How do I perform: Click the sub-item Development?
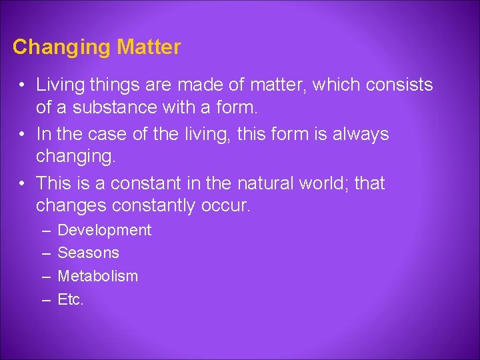point(105,231)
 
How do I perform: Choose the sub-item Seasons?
point(89,253)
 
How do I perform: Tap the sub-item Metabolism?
point(98,276)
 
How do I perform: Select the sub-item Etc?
point(71,299)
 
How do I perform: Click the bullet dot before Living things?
point(22,86)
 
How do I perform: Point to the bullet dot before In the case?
point(22,134)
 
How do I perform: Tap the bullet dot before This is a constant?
point(22,183)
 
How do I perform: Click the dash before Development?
point(45,231)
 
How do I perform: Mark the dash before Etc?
point(45,300)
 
